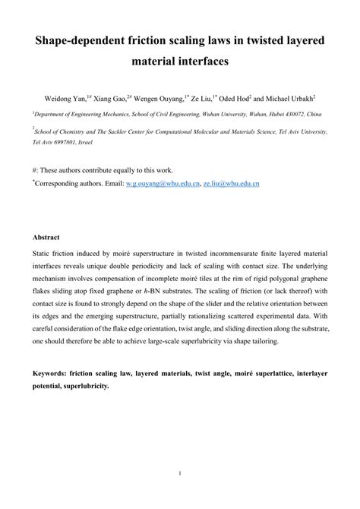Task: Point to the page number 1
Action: tap(180, 476)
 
